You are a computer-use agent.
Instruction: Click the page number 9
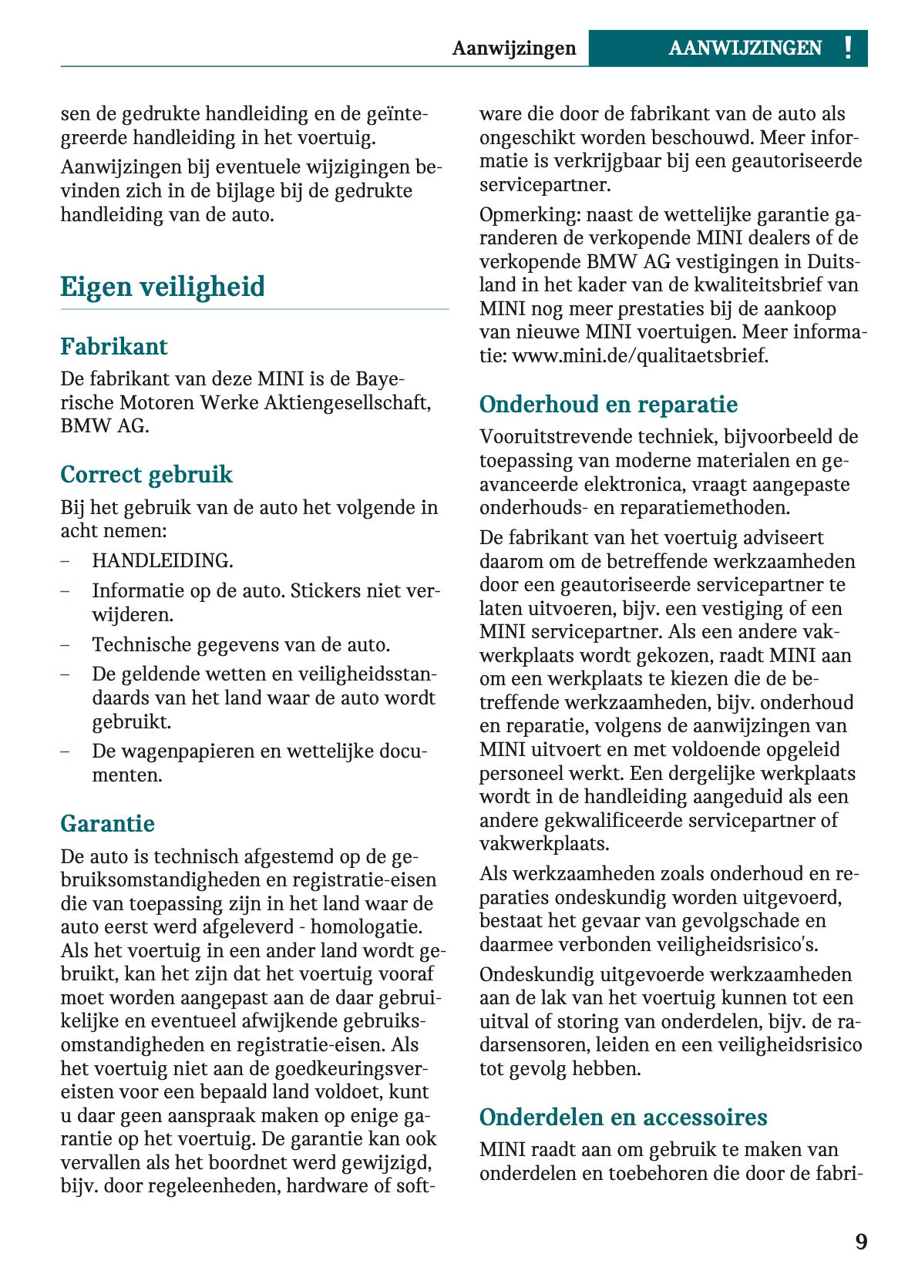861,1242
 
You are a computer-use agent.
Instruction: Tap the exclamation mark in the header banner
848,48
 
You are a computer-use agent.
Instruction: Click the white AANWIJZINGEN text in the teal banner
745,49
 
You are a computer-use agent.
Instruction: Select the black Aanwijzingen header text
514,49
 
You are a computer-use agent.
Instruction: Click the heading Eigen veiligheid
163,287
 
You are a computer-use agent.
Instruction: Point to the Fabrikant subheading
114,346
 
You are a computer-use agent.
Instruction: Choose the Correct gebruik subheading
146,474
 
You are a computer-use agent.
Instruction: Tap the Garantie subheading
108,823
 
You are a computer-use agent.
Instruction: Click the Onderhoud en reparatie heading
608,404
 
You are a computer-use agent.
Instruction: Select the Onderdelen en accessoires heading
623,1117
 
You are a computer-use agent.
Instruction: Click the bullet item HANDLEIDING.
163,560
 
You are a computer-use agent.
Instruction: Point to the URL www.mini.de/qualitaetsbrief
640,356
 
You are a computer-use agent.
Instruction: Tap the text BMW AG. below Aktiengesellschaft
105,425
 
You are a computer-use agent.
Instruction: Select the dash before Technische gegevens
66,644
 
